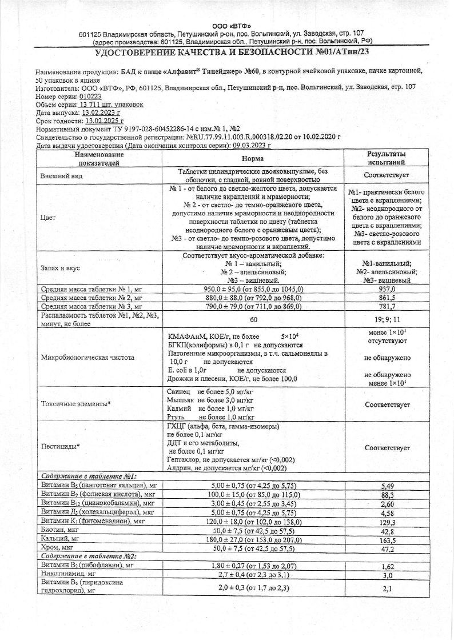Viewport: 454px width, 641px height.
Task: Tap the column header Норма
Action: click(252, 158)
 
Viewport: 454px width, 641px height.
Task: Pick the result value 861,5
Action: click(387, 298)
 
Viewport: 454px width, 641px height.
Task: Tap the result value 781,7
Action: click(387, 307)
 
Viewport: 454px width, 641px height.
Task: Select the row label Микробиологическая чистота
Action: click(87, 358)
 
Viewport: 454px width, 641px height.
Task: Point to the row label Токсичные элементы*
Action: click(76, 404)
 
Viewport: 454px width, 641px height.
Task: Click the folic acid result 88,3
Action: click(388, 495)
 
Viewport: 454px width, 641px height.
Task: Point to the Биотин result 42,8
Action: click(388, 531)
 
